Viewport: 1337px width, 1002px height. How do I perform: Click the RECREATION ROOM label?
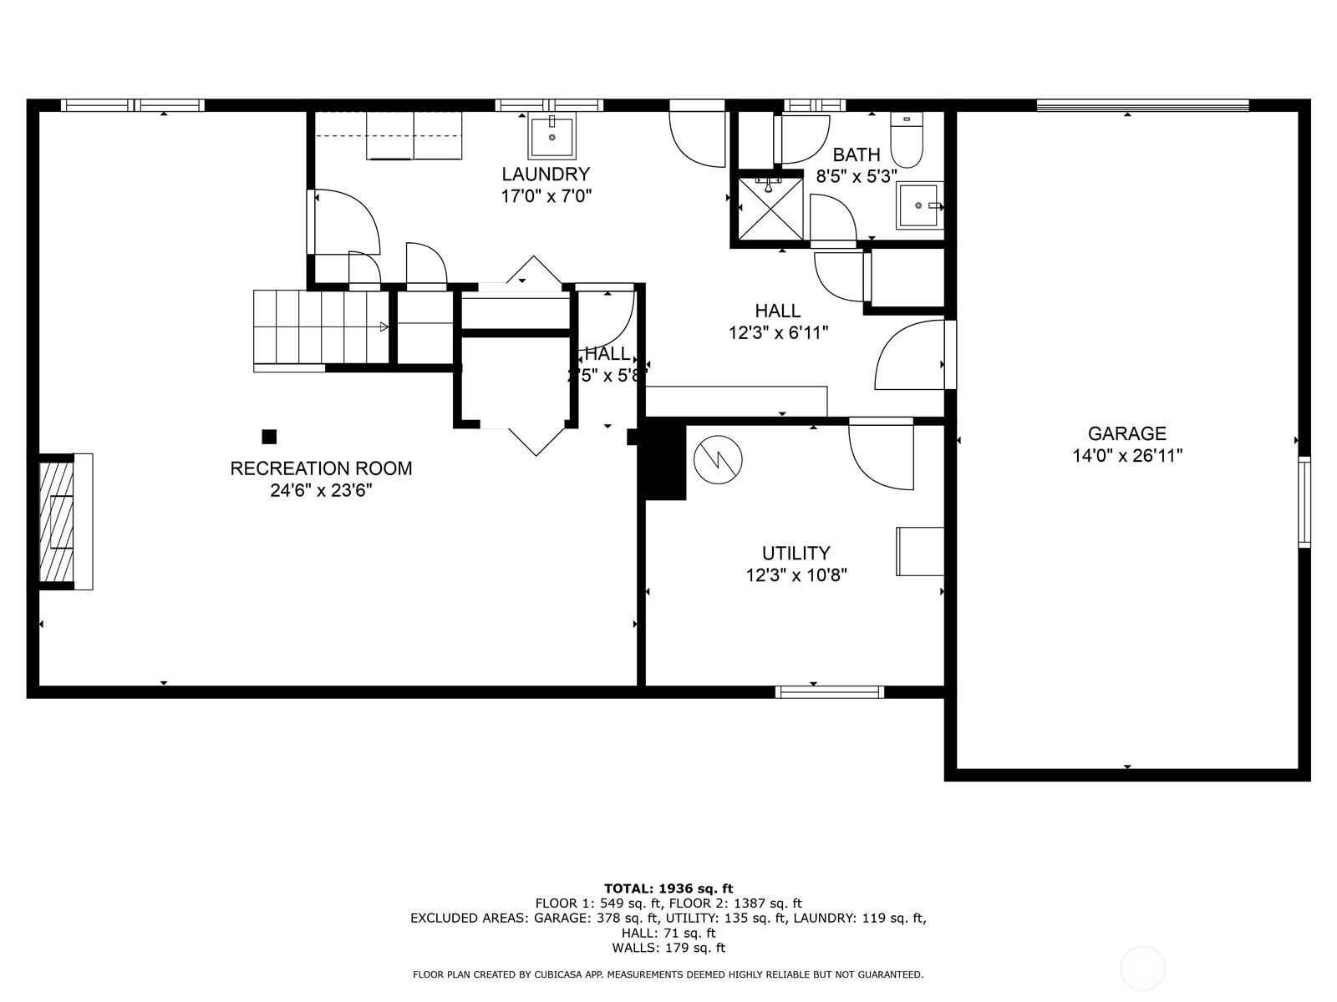click(x=321, y=468)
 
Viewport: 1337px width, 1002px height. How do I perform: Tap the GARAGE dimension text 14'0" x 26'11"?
click(x=1127, y=456)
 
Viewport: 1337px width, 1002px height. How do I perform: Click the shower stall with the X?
click(x=769, y=208)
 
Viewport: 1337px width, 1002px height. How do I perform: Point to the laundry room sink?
click(x=552, y=138)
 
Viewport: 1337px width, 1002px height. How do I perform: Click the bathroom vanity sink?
click(x=918, y=205)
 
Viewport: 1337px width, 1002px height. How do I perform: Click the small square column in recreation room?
click(x=269, y=437)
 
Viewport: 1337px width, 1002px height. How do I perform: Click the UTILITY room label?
click(x=796, y=553)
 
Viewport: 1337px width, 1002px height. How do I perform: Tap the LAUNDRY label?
click(x=546, y=175)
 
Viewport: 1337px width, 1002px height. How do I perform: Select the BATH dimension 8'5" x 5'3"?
click(x=856, y=176)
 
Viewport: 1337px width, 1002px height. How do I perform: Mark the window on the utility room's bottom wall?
click(x=830, y=691)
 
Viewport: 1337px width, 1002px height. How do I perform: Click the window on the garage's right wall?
click(x=1304, y=502)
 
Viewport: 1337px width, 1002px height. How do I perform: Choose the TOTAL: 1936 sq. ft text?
click(x=668, y=888)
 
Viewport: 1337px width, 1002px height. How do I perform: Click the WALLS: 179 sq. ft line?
click(x=668, y=948)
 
